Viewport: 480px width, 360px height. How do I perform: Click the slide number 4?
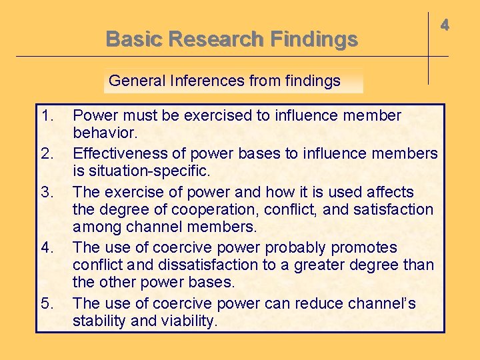click(x=445, y=25)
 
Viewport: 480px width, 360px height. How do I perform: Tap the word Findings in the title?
click(x=314, y=39)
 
